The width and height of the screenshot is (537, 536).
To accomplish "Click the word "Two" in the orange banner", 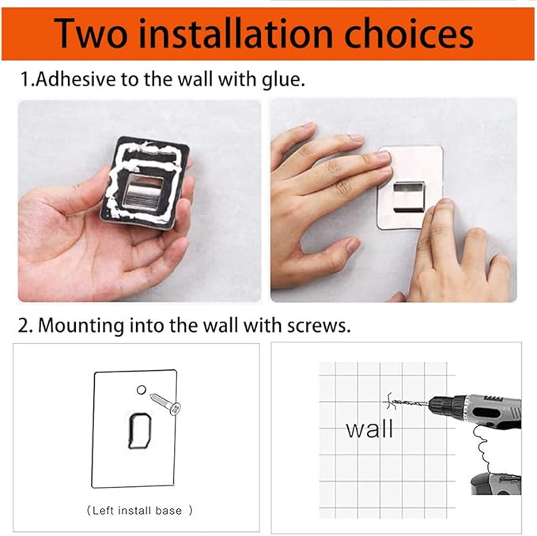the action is (90, 33).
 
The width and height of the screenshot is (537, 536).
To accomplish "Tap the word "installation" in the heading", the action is (236, 33).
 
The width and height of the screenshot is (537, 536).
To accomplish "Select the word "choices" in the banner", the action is (409, 33).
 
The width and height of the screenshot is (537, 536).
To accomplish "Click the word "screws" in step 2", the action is (319, 326).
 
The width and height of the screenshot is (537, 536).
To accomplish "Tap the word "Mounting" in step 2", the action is (81, 327).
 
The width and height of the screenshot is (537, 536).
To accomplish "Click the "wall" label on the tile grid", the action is (369, 428).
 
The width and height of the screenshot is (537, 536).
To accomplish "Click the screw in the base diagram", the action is (166, 403).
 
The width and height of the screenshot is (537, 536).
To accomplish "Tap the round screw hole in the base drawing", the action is (142, 390).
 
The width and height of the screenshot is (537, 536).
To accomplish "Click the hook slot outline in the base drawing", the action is (130, 431).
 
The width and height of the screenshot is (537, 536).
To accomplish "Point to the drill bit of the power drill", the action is (409, 402).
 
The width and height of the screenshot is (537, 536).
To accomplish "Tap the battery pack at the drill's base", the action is (496, 484).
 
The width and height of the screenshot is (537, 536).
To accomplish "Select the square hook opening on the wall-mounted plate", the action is (409, 197).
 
